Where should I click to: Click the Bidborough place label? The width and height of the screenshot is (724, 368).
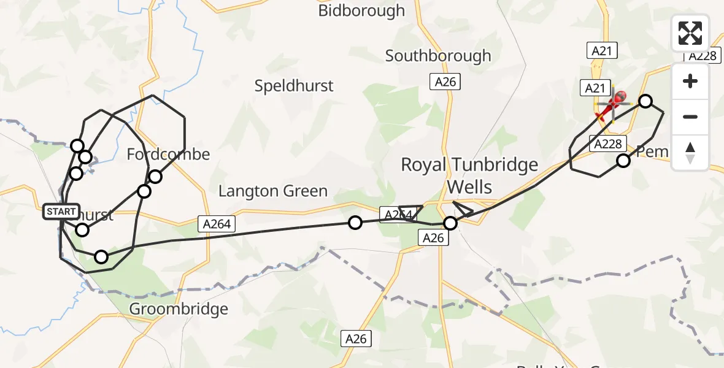point(361,10)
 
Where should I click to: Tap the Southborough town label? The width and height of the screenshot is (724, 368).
point(438,56)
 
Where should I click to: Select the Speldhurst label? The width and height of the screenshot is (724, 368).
point(294,86)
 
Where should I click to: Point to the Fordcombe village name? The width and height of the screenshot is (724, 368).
point(168,154)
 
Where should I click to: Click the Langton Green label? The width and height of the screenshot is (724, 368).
point(273,191)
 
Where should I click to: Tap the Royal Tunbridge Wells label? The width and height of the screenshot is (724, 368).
point(469,174)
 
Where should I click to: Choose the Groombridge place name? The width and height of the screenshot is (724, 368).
point(179,309)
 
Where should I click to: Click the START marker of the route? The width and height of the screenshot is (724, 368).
point(61,212)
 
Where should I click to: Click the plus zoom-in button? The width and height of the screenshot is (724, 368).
point(690,82)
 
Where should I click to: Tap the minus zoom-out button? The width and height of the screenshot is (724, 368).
point(690,117)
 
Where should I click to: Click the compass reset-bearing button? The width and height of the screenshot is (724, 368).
point(690,152)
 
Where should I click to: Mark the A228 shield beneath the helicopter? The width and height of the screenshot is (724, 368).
point(609,144)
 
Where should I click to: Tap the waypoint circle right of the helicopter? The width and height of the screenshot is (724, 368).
point(645,101)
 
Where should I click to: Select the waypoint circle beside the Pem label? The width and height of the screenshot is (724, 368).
point(623,161)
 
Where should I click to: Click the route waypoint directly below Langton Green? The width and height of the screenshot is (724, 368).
point(355,223)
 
